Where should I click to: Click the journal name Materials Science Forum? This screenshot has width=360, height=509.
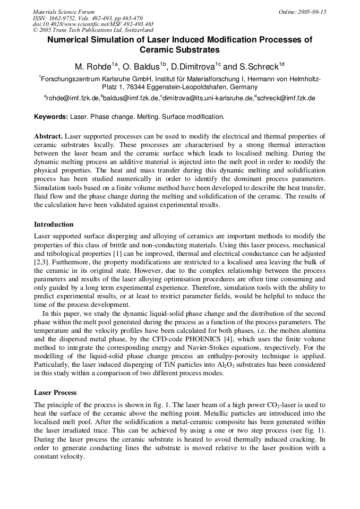(x=64, y=12)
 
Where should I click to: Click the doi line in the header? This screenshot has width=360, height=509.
(x=93, y=24)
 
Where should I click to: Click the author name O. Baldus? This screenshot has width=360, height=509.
(x=143, y=67)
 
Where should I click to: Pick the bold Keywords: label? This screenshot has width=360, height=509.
(x=51, y=116)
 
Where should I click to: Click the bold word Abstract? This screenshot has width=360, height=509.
(x=49, y=136)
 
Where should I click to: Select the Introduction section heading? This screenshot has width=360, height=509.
(x=54, y=225)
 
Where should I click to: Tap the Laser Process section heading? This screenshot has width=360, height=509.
(x=55, y=393)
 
